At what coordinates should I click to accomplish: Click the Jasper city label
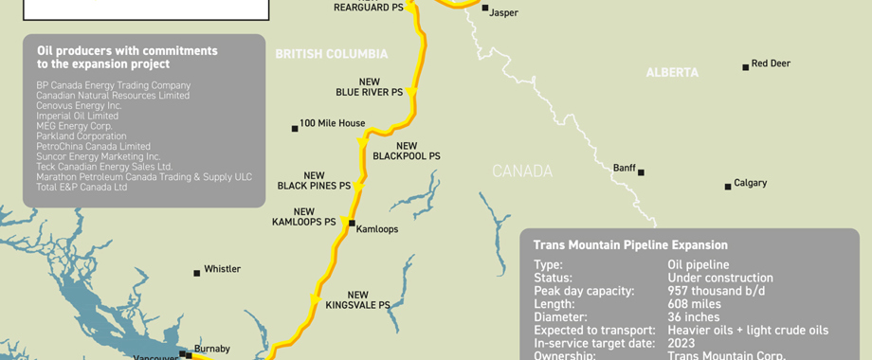[x=503, y=13]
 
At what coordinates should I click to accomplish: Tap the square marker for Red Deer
[x=745, y=66]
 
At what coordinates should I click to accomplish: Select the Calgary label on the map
[x=750, y=183]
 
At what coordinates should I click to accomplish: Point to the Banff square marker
[x=641, y=172]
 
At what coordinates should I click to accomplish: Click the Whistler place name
[x=222, y=269]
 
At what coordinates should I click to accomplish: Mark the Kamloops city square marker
[x=352, y=225]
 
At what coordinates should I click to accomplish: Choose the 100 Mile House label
[x=332, y=123]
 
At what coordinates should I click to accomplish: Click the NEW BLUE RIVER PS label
[x=369, y=87]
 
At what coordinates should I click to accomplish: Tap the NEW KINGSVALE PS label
[x=357, y=300]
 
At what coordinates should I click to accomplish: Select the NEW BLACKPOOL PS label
[x=407, y=151]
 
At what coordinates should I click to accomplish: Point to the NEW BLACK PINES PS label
[x=314, y=181]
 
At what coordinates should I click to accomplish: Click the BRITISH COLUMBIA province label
[x=332, y=55]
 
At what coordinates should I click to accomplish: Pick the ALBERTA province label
[x=672, y=72]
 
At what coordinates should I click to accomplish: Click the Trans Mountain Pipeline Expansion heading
[x=630, y=245]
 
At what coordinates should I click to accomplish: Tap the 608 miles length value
[x=694, y=304]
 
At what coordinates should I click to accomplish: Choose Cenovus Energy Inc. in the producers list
[x=79, y=105]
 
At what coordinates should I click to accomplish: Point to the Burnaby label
[x=212, y=349]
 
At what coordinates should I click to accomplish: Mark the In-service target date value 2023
[x=681, y=343]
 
